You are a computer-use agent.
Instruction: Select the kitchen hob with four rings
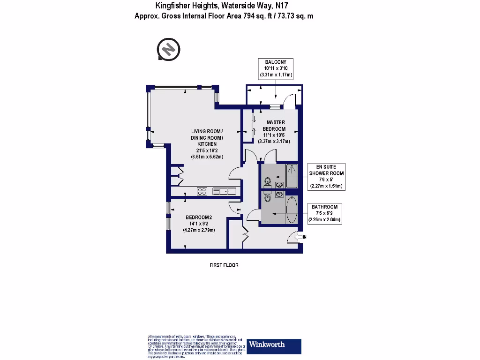(x=202, y=191)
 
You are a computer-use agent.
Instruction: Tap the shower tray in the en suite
(x=291, y=176)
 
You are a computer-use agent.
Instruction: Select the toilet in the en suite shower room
(x=267, y=181)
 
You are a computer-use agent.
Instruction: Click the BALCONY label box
(x=276, y=68)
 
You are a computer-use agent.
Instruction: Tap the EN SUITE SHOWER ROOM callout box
(x=326, y=177)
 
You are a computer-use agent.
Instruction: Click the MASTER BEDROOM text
(x=272, y=126)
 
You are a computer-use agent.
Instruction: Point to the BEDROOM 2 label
(x=199, y=217)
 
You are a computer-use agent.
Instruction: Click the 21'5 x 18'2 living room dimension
(x=206, y=151)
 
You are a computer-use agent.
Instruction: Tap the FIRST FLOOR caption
(x=224, y=265)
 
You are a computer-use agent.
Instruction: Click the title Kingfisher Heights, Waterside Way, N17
(x=222, y=6)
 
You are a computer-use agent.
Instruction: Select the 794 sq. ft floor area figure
(x=256, y=16)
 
